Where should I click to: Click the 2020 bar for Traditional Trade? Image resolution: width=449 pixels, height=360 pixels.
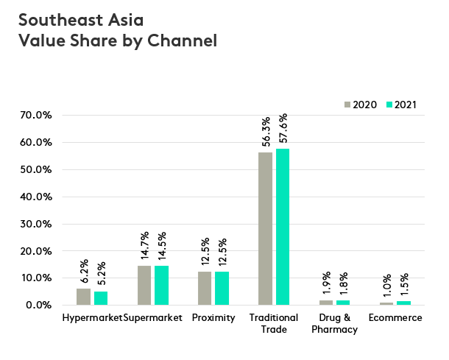coord(265,228)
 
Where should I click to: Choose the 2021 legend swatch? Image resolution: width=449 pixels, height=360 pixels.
coord(389,105)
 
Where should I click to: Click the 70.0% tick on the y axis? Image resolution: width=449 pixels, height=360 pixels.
coord(34,116)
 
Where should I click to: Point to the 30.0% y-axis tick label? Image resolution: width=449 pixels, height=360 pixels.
coord(34,224)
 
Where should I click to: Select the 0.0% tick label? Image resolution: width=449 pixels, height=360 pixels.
coord(37,305)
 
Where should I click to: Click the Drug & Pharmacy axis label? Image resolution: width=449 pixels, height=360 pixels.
coord(339,323)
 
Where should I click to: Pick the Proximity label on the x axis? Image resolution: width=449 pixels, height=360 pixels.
coord(213,318)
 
